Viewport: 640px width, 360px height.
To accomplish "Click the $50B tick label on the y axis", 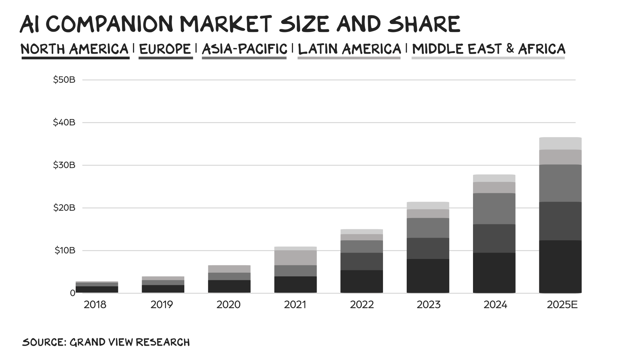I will coord(64,80).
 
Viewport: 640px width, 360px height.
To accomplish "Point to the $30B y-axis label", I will coord(64,165).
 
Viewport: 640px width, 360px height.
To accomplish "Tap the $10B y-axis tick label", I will coord(65,250).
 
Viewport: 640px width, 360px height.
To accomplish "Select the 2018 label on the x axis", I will coord(95,305).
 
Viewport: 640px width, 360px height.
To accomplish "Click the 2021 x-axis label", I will coord(295,305).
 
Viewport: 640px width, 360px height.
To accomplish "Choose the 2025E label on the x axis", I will coord(562,305).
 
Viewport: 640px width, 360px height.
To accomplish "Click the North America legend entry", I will coord(75,49).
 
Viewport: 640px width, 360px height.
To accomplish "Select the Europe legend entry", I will coord(165,49).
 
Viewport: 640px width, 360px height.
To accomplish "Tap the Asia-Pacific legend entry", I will coord(244,49).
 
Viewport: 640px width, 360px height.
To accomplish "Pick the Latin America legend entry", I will coord(349,49).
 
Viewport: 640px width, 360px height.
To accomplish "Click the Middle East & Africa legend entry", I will coord(489,49).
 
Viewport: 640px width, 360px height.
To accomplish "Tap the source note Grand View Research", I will coord(106,342).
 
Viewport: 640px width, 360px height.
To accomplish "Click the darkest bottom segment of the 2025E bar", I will coord(560,267).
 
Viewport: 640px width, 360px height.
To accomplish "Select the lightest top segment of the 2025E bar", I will coord(560,144).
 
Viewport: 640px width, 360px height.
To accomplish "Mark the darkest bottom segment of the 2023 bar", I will coord(428,276).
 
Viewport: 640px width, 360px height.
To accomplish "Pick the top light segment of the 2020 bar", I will coord(229,269).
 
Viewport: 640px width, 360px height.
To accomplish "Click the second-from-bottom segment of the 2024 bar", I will coord(494,238).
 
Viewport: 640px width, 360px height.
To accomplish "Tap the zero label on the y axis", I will coord(72,293).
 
